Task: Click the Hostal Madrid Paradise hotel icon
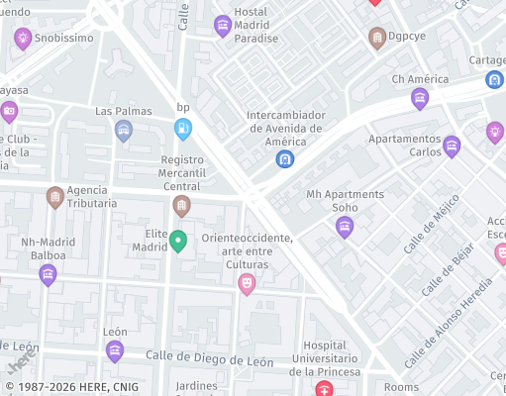click(x=223, y=26)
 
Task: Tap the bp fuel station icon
click(x=183, y=128)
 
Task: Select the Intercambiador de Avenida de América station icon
click(x=285, y=158)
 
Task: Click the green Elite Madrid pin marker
click(x=178, y=241)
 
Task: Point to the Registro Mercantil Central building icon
click(x=181, y=206)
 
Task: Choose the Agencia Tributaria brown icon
click(x=55, y=198)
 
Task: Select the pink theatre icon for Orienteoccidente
click(x=247, y=284)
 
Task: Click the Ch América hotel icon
click(x=420, y=98)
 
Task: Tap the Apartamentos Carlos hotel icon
click(x=452, y=148)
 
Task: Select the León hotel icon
click(x=115, y=350)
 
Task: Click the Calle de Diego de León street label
click(x=209, y=361)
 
